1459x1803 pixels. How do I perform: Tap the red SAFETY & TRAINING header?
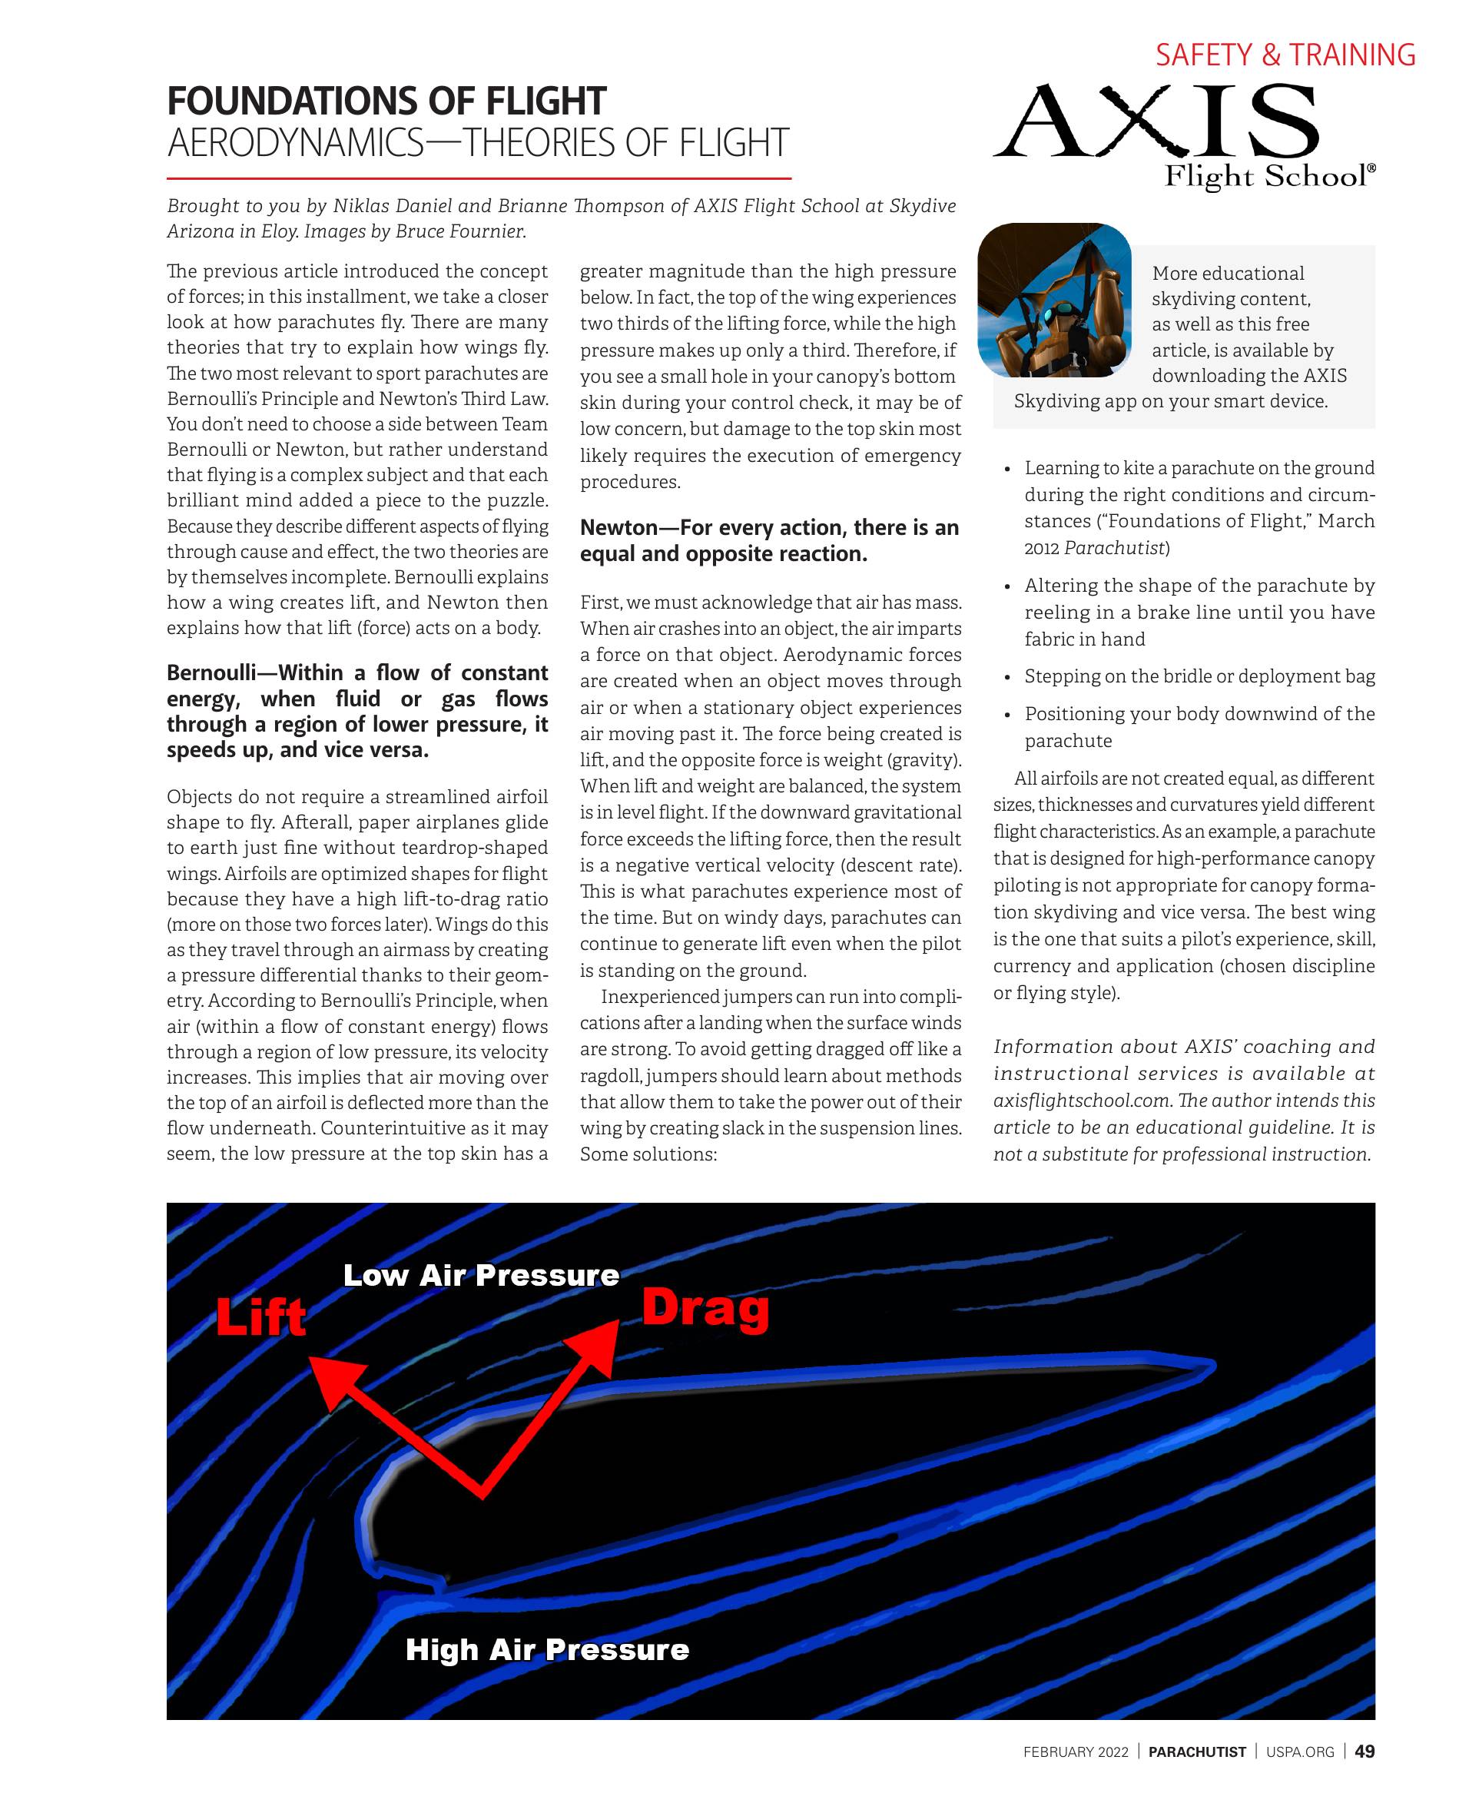coord(1285,55)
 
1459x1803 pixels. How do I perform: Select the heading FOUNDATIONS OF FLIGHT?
coord(386,101)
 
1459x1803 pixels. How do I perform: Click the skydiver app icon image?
coord(1054,299)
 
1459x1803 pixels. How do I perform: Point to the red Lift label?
coord(260,1317)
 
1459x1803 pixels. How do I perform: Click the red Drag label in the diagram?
coord(705,1308)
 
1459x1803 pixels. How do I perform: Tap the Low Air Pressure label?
coord(481,1275)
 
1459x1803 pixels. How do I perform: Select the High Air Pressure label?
coord(547,1649)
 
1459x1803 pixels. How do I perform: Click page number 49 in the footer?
coord(1364,1751)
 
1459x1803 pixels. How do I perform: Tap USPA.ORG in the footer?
coord(1299,1752)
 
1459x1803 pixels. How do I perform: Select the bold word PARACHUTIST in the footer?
coord(1197,1752)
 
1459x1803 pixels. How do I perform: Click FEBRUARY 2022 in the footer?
coord(1075,1752)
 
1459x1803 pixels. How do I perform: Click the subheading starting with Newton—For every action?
coord(769,540)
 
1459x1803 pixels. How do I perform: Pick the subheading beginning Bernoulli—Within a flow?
coord(356,710)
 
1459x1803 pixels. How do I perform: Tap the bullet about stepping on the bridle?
coord(1199,676)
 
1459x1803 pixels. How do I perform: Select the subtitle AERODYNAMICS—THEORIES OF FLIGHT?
coord(477,143)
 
